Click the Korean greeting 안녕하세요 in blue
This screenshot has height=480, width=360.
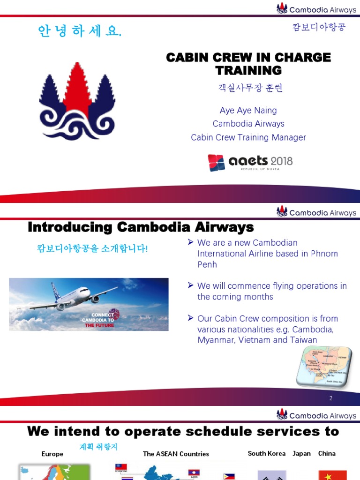coord(80,31)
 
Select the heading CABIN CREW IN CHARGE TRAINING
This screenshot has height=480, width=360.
coord(248,64)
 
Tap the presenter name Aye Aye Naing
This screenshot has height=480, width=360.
coord(248,111)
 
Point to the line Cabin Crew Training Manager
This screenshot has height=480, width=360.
coord(248,137)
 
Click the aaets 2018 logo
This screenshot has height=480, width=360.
coord(250,162)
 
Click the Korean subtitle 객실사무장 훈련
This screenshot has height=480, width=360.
coord(250,88)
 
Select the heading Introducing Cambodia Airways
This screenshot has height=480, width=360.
coord(141,227)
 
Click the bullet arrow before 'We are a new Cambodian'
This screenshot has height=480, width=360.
coord(190,242)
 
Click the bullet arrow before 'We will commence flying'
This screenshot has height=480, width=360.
coord(190,285)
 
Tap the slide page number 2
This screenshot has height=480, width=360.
coord(330,398)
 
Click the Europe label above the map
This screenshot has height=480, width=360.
coord(52,454)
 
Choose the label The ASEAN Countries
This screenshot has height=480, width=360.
coord(176,454)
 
